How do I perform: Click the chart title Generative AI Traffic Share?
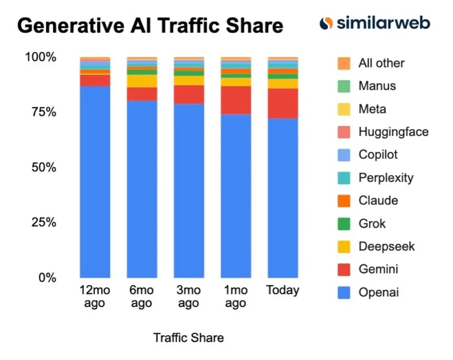150,26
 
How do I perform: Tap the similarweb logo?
374,24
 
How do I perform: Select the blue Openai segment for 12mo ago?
95,181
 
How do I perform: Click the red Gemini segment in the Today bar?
283,103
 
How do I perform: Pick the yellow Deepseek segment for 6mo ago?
142,81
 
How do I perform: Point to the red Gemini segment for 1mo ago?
236,100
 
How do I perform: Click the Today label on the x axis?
283,291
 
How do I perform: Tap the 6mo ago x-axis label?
141,297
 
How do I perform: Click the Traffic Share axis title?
188,338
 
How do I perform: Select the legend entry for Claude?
377,201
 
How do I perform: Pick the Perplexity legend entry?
385,178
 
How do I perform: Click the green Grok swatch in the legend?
344,223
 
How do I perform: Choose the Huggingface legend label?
393,132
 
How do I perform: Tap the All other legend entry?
381,63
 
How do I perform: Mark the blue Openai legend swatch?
344,292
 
